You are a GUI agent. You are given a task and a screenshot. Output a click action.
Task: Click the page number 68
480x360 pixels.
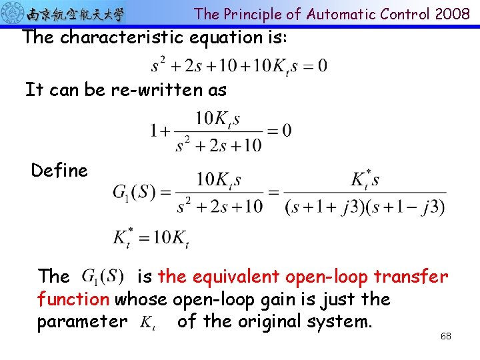[x=445, y=336]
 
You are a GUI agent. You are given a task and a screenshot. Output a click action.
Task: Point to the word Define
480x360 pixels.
[x=59, y=171]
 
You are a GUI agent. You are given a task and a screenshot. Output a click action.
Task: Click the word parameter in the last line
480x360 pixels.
[x=82, y=322]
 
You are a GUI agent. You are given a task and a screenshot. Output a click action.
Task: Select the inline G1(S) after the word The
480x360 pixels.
[x=103, y=276]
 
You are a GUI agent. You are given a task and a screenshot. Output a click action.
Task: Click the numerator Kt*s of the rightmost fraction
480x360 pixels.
[x=365, y=180]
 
